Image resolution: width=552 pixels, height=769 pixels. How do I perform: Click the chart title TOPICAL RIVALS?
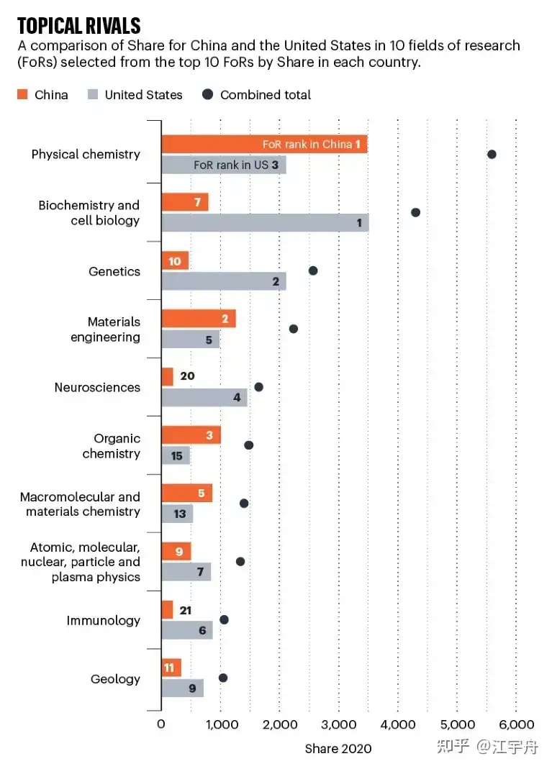79,26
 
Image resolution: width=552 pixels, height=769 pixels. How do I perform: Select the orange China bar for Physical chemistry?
263,144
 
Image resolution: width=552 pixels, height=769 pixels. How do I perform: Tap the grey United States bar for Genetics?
223,281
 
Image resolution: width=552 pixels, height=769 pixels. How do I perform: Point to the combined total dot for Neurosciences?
258,387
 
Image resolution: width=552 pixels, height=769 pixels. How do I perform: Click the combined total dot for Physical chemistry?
492,154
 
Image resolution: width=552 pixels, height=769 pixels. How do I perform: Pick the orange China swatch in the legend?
22,94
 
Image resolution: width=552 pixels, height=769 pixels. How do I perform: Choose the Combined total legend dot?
208,94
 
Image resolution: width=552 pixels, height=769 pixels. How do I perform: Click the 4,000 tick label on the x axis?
399,724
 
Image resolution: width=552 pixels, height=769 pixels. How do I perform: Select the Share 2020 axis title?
338,749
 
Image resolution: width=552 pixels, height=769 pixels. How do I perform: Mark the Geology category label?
115,679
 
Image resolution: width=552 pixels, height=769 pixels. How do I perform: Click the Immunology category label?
104,620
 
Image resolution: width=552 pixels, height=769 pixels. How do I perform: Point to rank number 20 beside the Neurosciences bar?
187,376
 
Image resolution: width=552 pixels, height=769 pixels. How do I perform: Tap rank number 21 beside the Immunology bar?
186,609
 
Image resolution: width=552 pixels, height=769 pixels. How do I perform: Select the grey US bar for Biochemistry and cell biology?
264,223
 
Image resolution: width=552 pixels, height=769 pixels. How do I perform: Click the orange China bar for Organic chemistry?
191,435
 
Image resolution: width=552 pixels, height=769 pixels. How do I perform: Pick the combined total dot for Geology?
223,678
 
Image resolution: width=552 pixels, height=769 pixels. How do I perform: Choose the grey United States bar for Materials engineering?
190,340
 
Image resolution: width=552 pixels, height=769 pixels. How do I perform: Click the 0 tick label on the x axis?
160,724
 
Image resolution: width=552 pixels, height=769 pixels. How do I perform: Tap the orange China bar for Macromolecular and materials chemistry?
186,493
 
